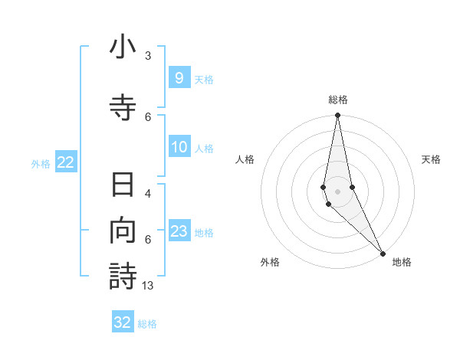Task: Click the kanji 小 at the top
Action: tap(123, 47)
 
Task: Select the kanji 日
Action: tap(123, 185)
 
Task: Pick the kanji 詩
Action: tap(123, 276)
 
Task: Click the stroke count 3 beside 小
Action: tap(148, 56)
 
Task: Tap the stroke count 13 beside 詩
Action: tap(149, 285)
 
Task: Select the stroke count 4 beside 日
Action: tap(148, 194)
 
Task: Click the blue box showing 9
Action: tap(179, 77)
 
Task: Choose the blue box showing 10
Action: tap(179, 147)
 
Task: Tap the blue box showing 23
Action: tap(179, 231)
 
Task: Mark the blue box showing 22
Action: tap(66, 162)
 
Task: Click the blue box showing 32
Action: tap(123, 322)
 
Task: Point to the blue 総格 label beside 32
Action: tap(147, 324)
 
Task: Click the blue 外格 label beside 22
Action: tap(41, 163)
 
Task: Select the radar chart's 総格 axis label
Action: tap(338, 100)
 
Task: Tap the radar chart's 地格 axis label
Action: tap(402, 262)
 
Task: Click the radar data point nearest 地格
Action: tap(383, 252)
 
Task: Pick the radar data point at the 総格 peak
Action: tap(337, 116)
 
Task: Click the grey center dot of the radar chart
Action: tap(337, 191)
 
